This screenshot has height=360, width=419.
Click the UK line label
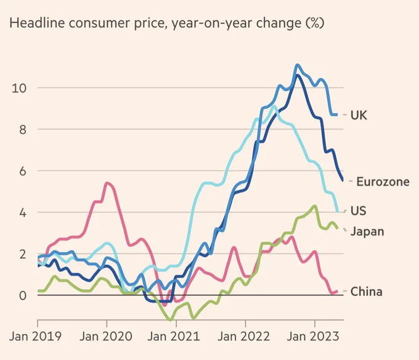pyautogui.click(x=359, y=115)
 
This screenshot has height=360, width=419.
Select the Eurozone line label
pyautogui.click(x=383, y=182)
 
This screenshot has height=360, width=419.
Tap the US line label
pyautogui.click(x=358, y=211)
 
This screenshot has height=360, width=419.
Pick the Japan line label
pyautogui.click(x=367, y=231)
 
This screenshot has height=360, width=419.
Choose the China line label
pyautogui.click(x=366, y=292)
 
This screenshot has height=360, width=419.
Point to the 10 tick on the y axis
pyautogui.click(x=19, y=88)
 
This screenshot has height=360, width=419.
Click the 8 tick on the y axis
pyautogui.click(x=23, y=130)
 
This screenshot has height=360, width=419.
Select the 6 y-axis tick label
pyautogui.click(x=23, y=171)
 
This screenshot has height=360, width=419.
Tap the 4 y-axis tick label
pyautogui.click(x=23, y=213)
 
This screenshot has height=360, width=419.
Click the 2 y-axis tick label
pyautogui.click(x=23, y=255)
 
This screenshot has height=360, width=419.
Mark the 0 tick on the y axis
pyautogui.click(x=23, y=296)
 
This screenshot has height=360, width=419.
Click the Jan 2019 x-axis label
pyautogui.click(x=35, y=336)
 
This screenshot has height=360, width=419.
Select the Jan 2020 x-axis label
pyautogui.click(x=106, y=336)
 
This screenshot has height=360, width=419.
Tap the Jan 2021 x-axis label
pyautogui.click(x=174, y=336)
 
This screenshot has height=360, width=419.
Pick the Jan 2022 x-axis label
pyautogui.click(x=244, y=336)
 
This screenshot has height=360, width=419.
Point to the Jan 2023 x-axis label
pyautogui.click(x=313, y=336)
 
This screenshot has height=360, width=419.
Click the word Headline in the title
pyautogui.click(x=37, y=23)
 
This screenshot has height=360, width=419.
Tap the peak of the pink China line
pyautogui.click(x=107, y=183)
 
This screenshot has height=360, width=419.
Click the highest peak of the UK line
pyautogui.click(x=297, y=65)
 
